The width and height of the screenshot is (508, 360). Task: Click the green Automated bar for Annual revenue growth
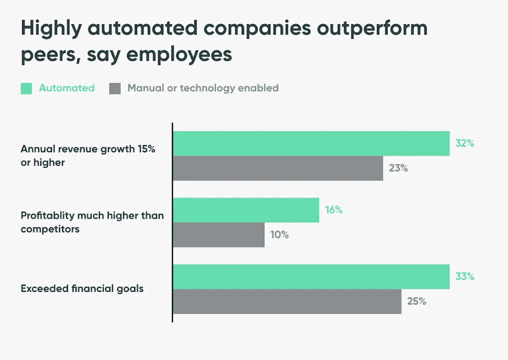[311, 143]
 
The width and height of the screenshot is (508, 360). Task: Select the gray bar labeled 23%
[278, 168]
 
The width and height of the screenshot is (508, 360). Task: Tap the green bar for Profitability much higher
[246, 210]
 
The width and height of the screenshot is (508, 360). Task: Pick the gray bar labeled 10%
[219, 235]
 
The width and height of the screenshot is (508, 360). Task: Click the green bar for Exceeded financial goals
[311, 277]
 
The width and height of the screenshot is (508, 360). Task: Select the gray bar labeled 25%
[287, 302]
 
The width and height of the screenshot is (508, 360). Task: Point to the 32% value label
[464, 143]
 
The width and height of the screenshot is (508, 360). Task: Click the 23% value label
[398, 168]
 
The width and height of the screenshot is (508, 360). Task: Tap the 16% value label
[334, 210]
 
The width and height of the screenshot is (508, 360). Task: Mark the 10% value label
[279, 235]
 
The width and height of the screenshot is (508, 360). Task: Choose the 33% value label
[464, 277]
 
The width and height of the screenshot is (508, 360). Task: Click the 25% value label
[417, 302]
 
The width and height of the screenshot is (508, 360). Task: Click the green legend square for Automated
[26, 88]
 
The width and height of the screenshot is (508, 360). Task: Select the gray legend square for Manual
[115, 88]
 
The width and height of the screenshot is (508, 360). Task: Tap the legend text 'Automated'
[66, 88]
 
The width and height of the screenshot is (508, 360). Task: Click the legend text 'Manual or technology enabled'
[203, 88]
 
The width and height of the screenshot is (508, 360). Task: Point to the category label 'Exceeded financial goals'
[82, 289]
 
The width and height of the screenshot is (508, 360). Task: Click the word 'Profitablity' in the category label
[47, 215]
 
